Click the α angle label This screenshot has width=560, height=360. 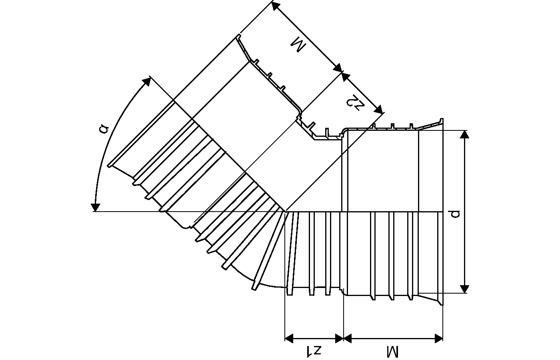tap(104, 128)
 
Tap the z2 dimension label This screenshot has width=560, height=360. tap(355, 102)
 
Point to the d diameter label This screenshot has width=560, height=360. tap(456, 214)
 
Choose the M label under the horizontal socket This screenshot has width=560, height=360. tap(393, 352)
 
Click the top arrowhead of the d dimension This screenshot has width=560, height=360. tap(464, 134)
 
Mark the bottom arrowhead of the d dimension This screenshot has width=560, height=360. tap(464, 289)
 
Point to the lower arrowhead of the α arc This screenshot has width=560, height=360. tap(95, 207)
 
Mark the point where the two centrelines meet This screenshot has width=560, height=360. tap(285, 211)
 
